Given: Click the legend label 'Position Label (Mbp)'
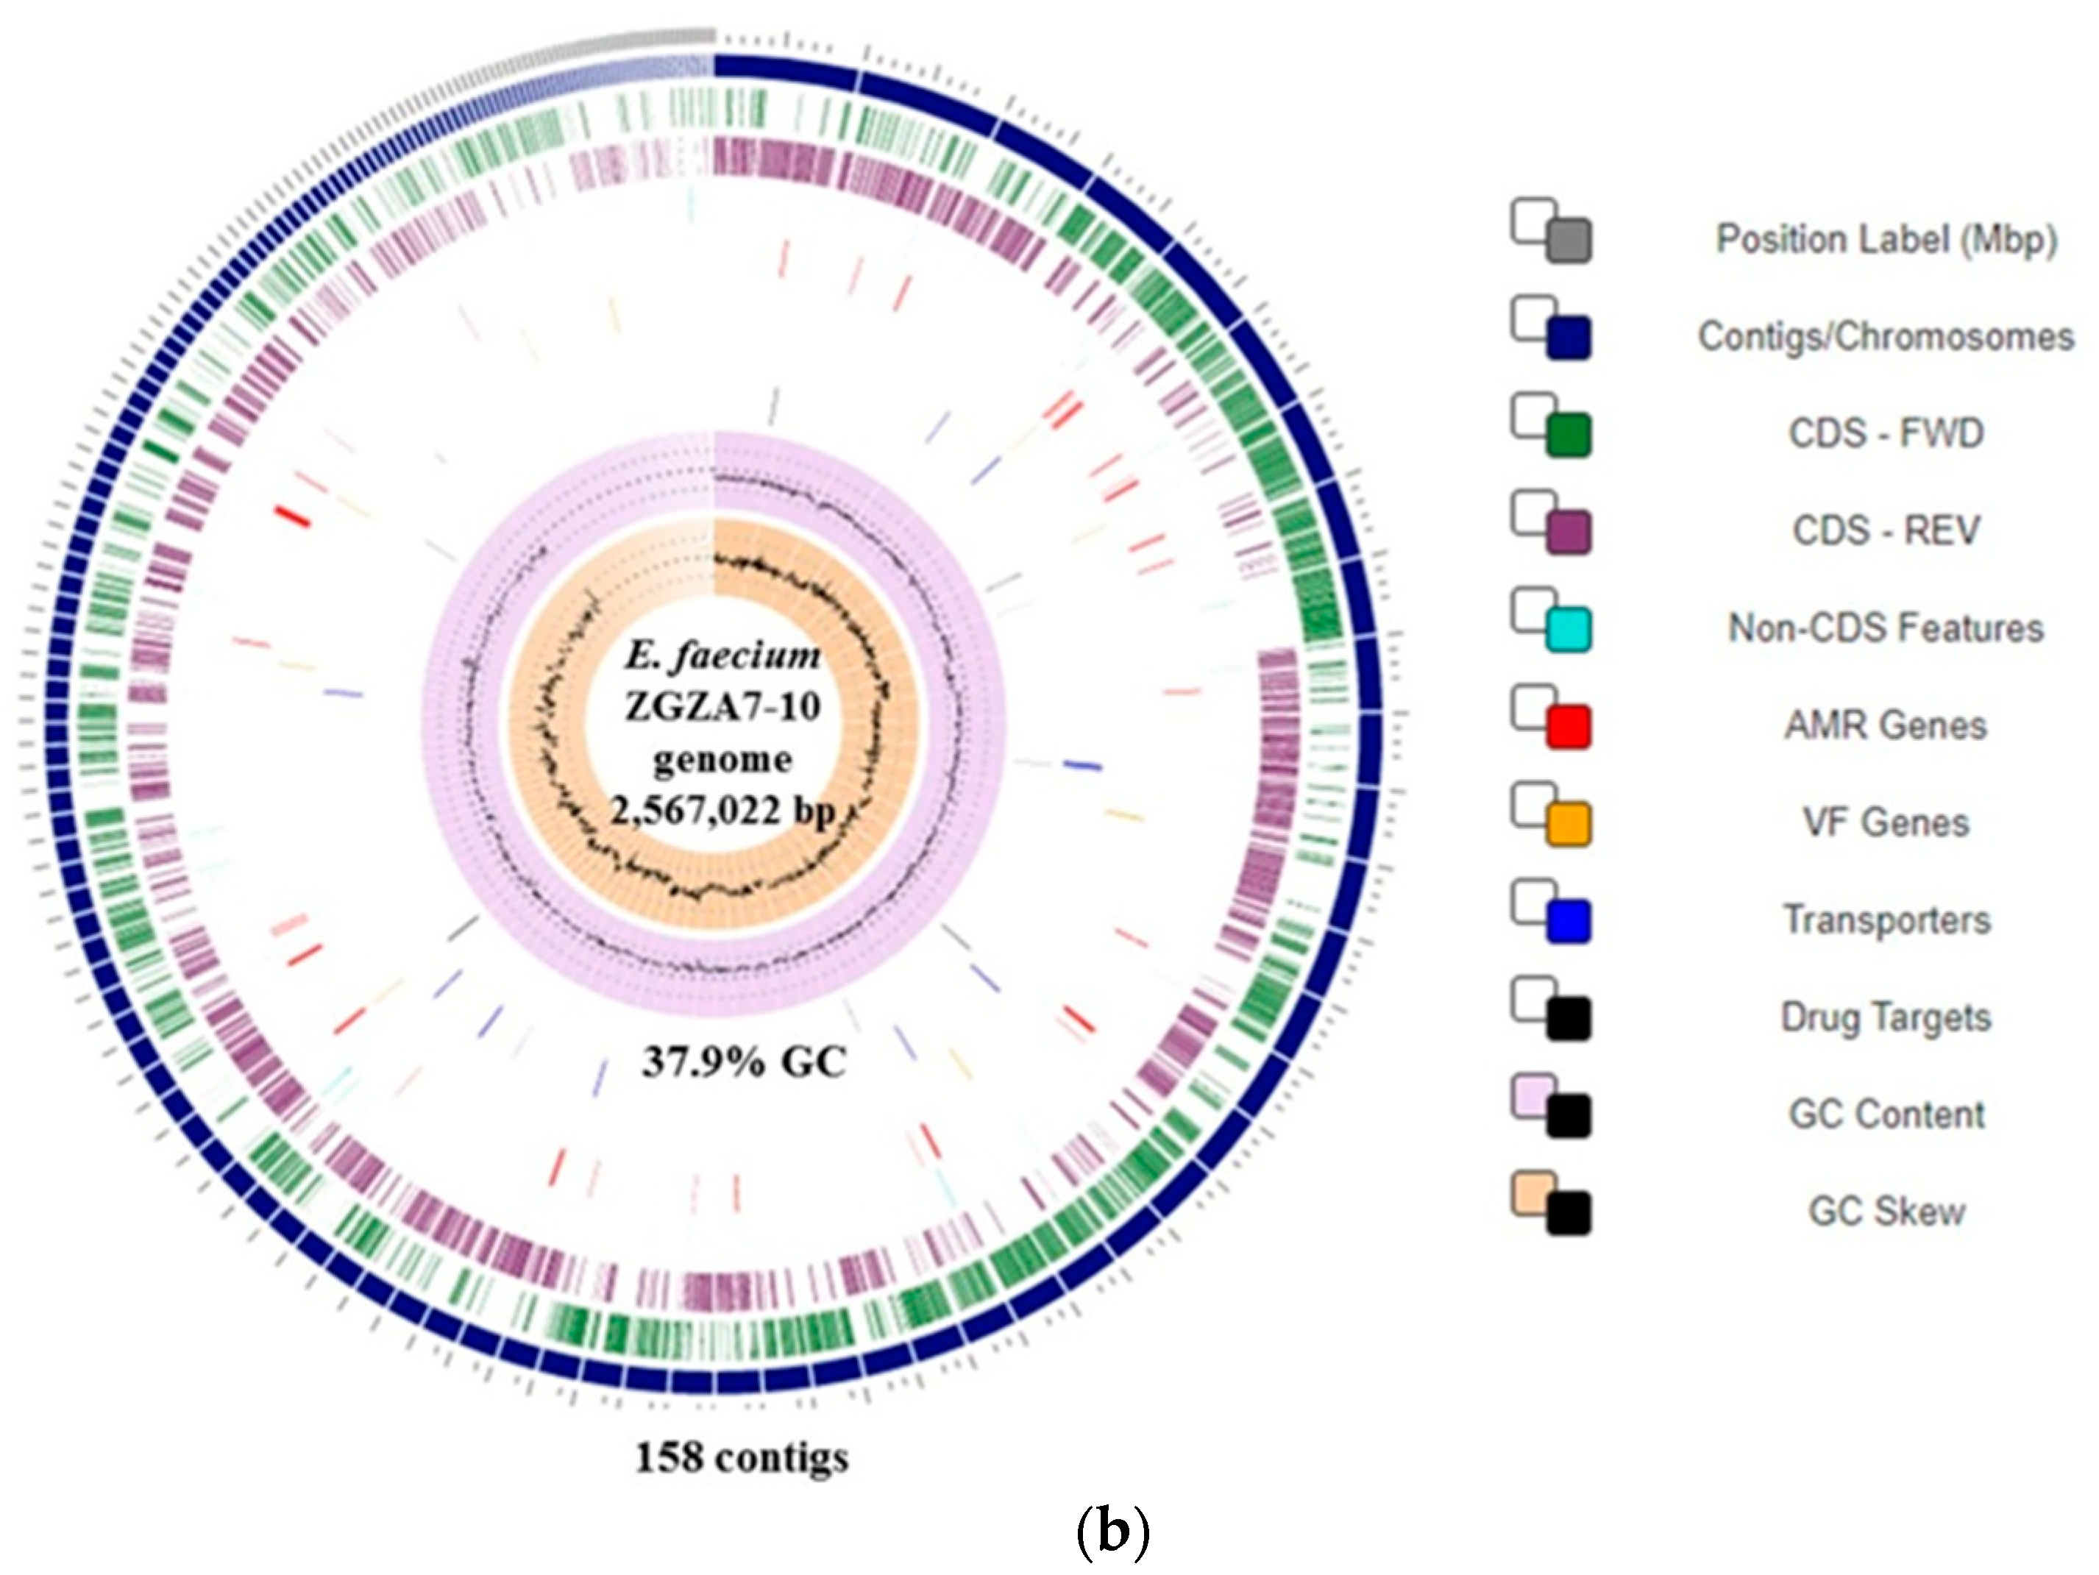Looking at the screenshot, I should pyautogui.click(x=1886, y=239).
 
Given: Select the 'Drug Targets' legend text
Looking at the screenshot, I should pyautogui.click(x=1886, y=1017).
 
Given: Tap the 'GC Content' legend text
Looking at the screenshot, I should pyautogui.click(x=1886, y=1114).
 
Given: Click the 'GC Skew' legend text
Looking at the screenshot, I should pyautogui.click(x=1886, y=1212).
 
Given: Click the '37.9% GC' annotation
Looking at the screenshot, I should pyautogui.click(x=743, y=1062).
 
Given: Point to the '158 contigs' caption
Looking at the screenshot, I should pyautogui.click(x=741, y=1457).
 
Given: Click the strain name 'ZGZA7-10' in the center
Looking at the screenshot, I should pyautogui.click(x=722, y=707).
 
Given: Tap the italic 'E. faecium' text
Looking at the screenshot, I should pyautogui.click(x=722, y=655).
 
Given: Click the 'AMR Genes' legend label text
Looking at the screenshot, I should pyautogui.click(x=1886, y=726).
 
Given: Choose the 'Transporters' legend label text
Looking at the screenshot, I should pyautogui.click(x=1886, y=920).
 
